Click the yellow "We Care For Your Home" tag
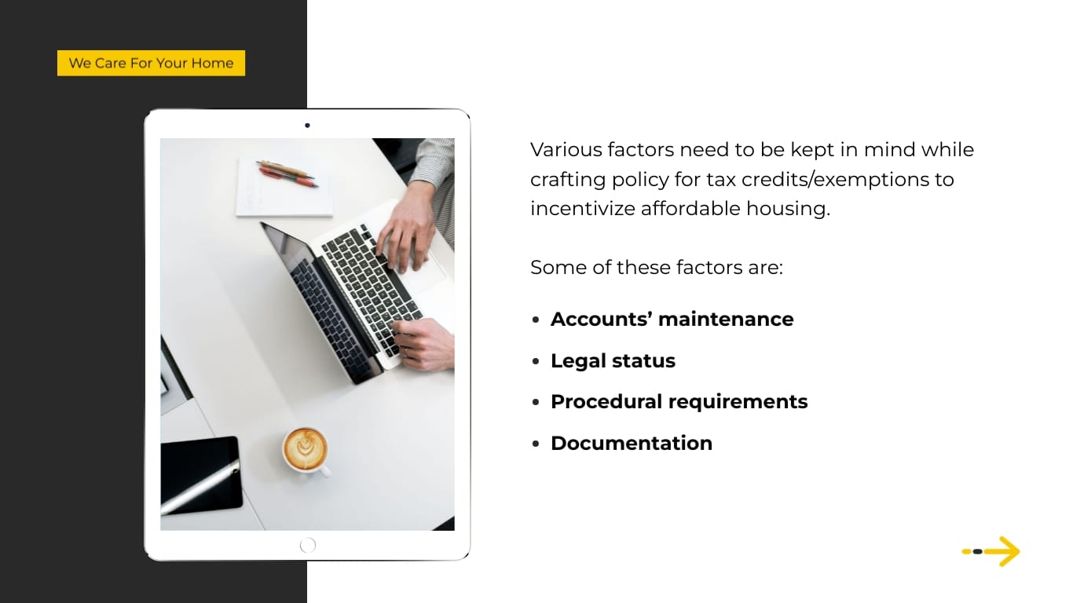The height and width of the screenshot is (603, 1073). (x=151, y=64)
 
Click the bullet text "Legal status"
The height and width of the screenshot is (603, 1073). (x=613, y=360)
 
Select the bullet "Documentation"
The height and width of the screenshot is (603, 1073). (x=631, y=443)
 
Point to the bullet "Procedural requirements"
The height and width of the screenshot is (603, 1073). (x=679, y=401)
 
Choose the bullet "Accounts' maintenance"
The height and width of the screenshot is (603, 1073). (x=672, y=319)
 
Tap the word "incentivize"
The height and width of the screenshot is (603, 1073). (x=582, y=208)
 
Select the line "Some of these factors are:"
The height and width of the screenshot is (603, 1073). (x=656, y=267)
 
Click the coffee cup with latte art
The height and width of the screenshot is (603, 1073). (x=305, y=448)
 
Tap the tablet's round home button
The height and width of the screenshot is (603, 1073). (x=308, y=545)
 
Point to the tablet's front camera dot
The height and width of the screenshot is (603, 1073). (x=307, y=125)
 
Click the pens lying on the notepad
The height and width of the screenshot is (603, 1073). (x=287, y=173)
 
